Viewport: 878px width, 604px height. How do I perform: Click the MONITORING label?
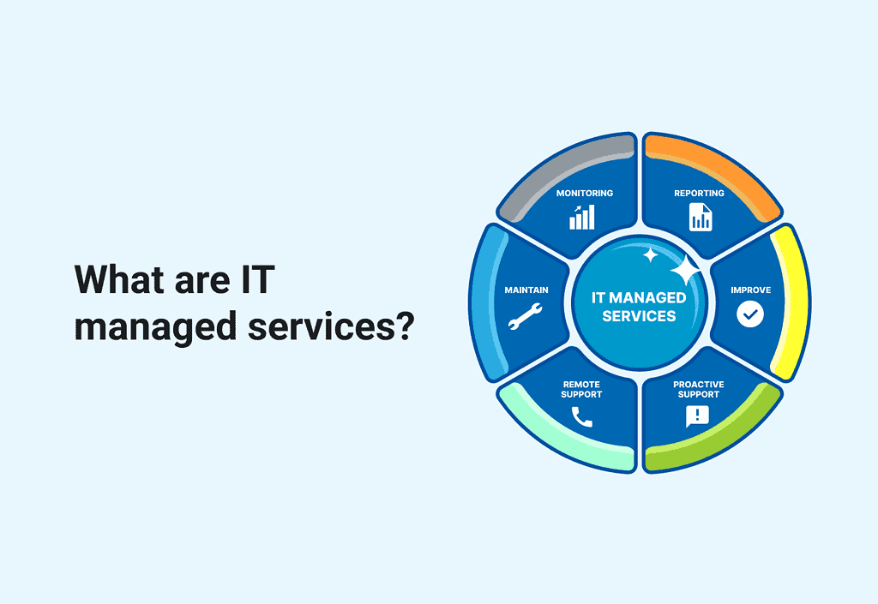pyautogui.click(x=584, y=193)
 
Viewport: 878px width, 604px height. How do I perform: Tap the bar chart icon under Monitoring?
pyautogui.click(x=581, y=217)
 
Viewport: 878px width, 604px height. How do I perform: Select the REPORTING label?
pyautogui.click(x=699, y=193)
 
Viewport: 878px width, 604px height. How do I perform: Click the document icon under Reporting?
pyautogui.click(x=700, y=217)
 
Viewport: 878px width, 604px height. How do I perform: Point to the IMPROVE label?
pyautogui.click(x=750, y=290)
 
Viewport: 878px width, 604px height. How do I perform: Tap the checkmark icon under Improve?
pyautogui.click(x=750, y=314)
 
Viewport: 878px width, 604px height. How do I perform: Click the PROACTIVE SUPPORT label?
pyautogui.click(x=698, y=389)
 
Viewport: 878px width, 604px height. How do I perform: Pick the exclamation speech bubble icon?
pyautogui.click(x=697, y=416)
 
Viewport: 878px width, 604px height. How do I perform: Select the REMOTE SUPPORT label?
pyautogui.click(x=581, y=389)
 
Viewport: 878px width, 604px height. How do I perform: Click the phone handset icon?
pyautogui.click(x=582, y=416)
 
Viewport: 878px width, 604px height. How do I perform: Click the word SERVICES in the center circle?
pyautogui.click(x=639, y=315)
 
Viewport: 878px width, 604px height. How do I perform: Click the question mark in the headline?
pyautogui.click(x=403, y=326)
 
